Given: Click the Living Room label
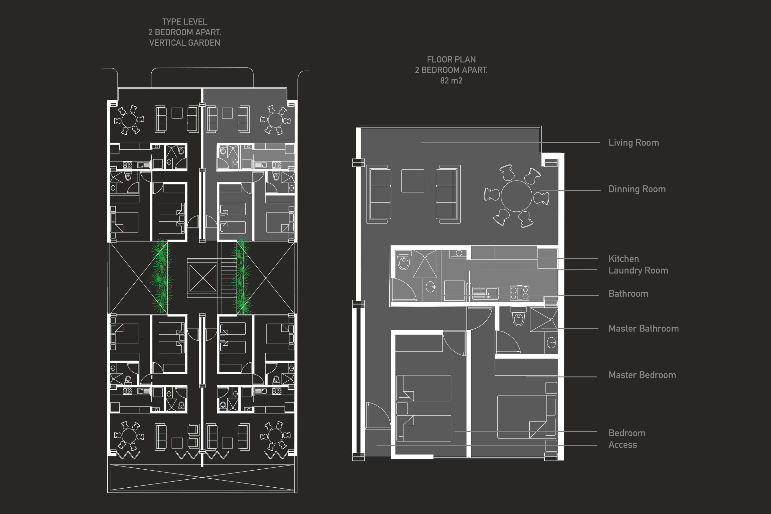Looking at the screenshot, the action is (x=633, y=143).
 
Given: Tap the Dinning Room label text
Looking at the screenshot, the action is (x=637, y=189).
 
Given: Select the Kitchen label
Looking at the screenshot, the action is (x=624, y=259).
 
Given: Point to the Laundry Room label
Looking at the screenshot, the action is (x=638, y=270).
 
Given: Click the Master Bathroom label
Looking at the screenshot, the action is (x=643, y=328).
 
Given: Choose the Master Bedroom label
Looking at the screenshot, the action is (x=642, y=375).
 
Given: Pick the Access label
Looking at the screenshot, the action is (x=623, y=445).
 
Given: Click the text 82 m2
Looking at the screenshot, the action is (x=451, y=81).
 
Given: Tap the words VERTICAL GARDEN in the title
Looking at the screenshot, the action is (x=184, y=43).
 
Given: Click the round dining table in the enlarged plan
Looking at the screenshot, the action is (x=516, y=196).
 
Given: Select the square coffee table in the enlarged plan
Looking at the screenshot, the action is (x=413, y=181).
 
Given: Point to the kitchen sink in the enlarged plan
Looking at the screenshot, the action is (x=485, y=293).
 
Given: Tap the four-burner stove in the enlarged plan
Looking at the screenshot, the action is (x=519, y=293).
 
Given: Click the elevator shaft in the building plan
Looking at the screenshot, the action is (x=203, y=278).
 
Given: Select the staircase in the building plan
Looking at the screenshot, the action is (x=229, y=278).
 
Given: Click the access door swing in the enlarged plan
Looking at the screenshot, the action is (x=378, y=415).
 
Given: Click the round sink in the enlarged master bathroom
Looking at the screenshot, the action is (x=551, y=343).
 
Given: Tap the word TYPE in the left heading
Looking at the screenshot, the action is (x=171, y=22).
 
